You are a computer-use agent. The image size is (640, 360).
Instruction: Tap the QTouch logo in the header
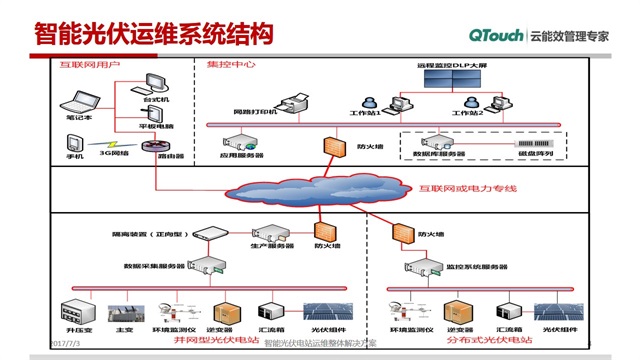pos(498,34)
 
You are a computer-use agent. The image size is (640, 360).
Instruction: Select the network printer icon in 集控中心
pos(299,98)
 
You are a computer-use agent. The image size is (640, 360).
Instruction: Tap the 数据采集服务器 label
pos(155,267)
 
